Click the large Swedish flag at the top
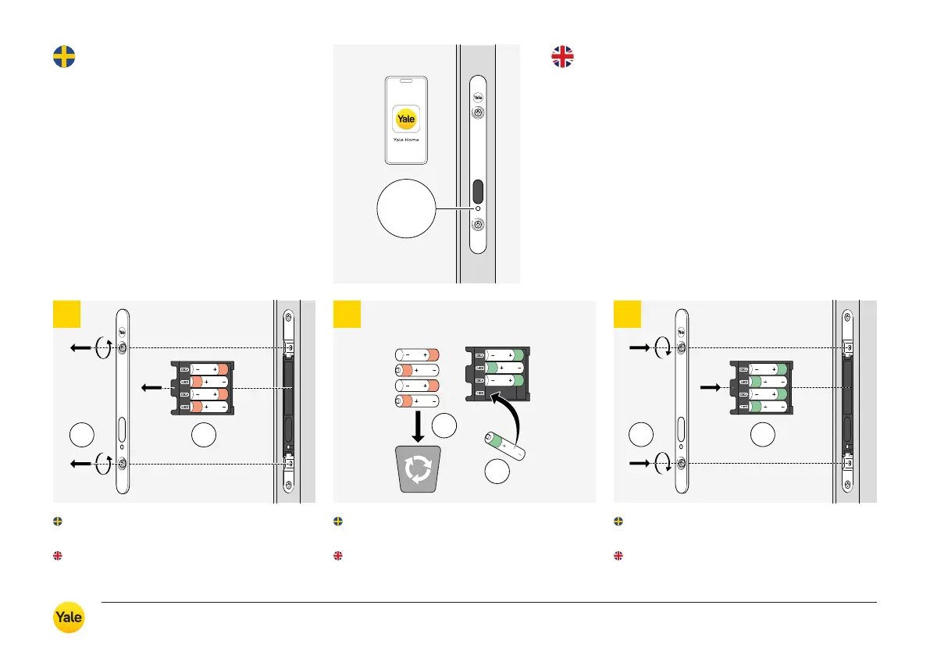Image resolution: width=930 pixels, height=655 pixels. pyautogui.click(x=64, y=57)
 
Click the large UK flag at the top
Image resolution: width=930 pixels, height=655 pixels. pyautogui.click(x=562, y=57)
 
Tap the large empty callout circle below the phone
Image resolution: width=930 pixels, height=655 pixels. pyautogui.click(x=405, y=208)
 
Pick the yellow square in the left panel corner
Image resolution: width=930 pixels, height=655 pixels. pyautogui.click(x=66, y=314)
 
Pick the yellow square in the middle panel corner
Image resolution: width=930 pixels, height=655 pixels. pyautogui.click(x=347, y=314)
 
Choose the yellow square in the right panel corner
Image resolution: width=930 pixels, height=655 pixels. pyautogui.click(x=627, y=314)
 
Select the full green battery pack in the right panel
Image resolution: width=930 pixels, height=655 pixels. pyautogui.click(x=761, y=388)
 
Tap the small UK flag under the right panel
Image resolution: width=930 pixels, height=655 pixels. pyautogui.click(x=618, y=556)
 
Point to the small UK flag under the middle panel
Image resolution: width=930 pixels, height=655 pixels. pyautogui.click(x=337, y=556)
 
